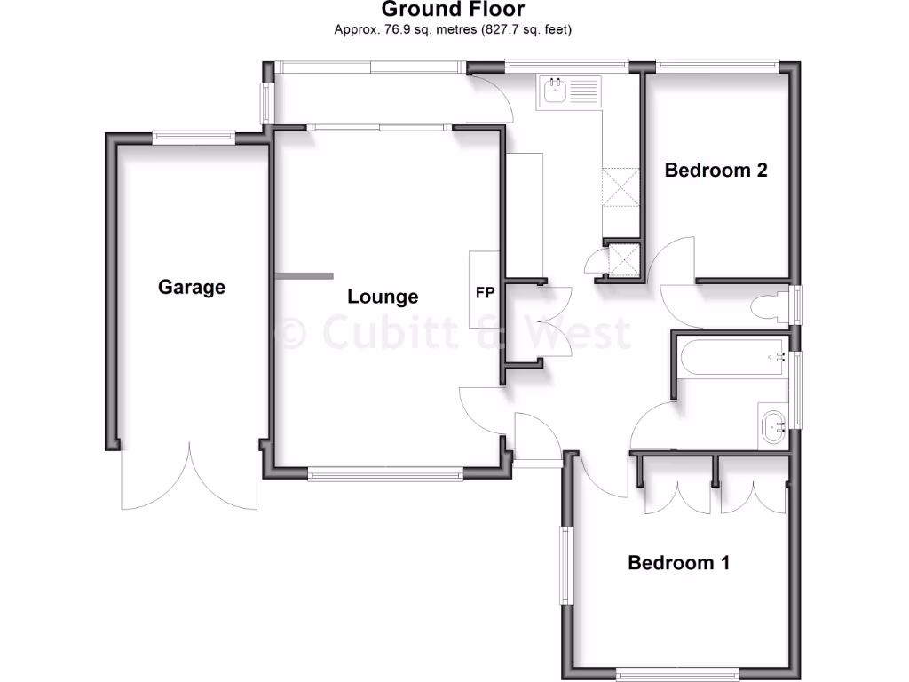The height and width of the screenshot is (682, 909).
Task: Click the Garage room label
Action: click(192, 287)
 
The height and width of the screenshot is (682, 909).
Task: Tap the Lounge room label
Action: click(383, 297)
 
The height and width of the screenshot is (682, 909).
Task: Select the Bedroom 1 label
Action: click(678, 562)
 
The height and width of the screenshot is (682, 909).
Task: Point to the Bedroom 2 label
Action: click(715, 170)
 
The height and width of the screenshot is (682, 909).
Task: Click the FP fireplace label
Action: click(486, 292)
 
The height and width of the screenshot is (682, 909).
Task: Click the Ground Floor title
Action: click(453, 11)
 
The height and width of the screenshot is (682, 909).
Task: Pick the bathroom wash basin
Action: click(771, 427)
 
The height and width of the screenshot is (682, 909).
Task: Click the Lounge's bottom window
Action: click(385, 475)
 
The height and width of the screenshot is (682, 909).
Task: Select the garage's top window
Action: click(193, 137)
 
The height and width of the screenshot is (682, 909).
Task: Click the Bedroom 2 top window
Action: click(717, 64)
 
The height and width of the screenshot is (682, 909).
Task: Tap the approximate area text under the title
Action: click(453, 30)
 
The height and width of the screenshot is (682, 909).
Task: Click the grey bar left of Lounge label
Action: click(302, 276)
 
